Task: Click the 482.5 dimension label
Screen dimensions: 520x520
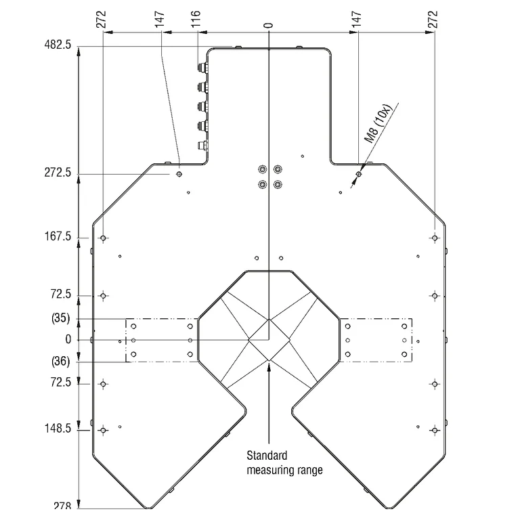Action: tap(58, 45)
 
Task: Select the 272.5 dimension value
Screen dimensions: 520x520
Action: tap(58, 173)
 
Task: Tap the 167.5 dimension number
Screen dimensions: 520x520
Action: tap(58, 236)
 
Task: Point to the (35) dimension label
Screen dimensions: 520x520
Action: tap(61, 318)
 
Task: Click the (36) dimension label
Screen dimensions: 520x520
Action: tap(61, 361)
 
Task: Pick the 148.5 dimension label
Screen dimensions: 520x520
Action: tap(58, 428)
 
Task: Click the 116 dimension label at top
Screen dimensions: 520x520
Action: tap(196, 18)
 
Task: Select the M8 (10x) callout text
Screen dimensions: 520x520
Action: tap(378, 124)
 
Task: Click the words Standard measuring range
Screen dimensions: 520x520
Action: tap(284, 462)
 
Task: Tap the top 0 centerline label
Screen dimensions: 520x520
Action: tap(268, 25)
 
